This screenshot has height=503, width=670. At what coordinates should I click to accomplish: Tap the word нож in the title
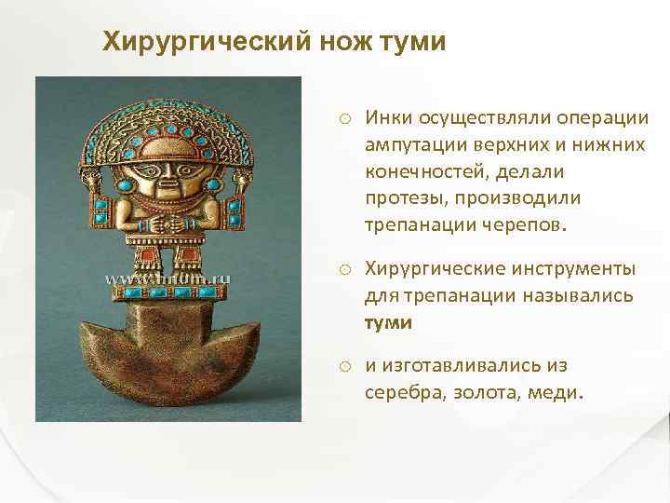[335, 42]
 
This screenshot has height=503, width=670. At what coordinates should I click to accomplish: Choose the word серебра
[403, 392]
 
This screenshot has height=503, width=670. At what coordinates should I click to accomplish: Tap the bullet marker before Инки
[344, 118]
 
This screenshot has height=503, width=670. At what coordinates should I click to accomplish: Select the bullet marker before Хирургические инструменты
[344, 269]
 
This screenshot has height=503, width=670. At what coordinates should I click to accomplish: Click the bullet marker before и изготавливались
[344, 366]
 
